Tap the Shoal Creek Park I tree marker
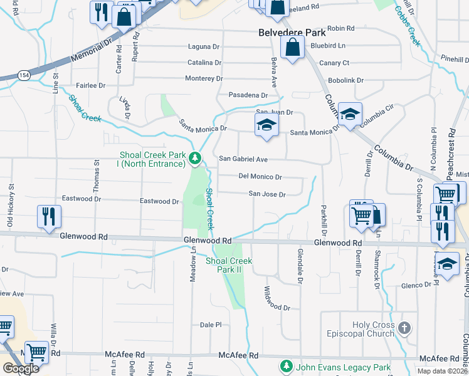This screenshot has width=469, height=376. pyautogui.click(x=196, y=159)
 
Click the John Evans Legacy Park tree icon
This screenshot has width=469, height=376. pyautogui.click(x=287, y=365)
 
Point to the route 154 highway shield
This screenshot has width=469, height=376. pyautogui.click(x=23, y=75)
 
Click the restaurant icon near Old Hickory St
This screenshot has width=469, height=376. pyautogui.click(x=49, y=217)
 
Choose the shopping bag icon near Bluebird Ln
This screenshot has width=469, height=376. pyautogui.click(x=292, y=47)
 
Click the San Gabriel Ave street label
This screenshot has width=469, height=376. pyautogui.click(x=243, y=159)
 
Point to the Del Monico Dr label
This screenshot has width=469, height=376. pyautogui.click(x=260, y=177)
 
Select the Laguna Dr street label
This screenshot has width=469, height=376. pyautogui.click(x=204, y=46)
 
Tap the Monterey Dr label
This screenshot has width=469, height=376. pyautogui.click(x=204, y=78)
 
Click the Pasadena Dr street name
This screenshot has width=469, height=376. pyautogui.click(x=248, y=95)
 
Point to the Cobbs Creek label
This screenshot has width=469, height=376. pyautogui.click(x=406, y=26)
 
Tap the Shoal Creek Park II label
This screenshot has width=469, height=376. pyautogui.click(x=229, y=265)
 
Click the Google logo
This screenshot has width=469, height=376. pyautogui.click(x=21, y=368)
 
